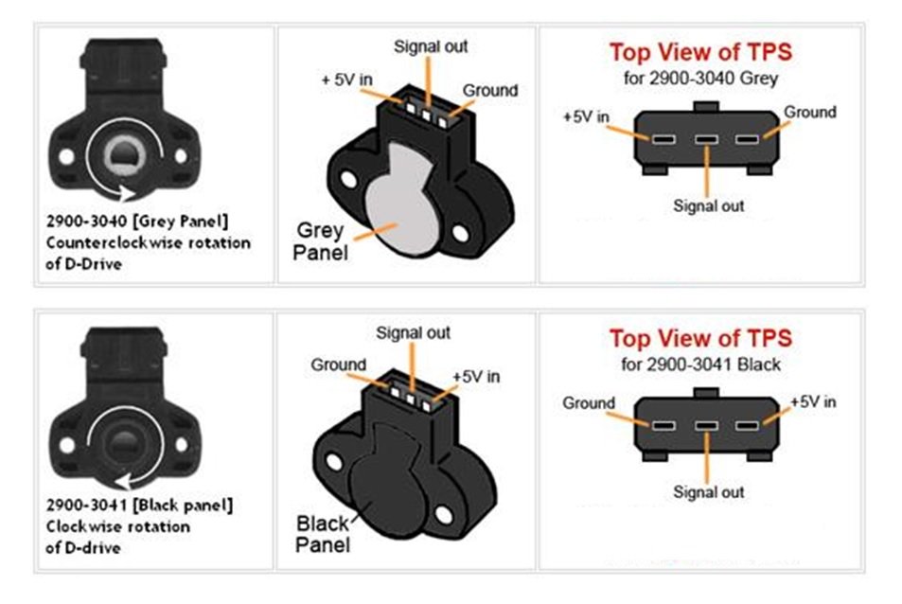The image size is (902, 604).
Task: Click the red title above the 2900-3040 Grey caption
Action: [x=700, y=52]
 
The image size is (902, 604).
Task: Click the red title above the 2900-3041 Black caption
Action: [x=700, y=338]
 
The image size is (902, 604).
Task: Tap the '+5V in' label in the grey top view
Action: [x=586, y=116]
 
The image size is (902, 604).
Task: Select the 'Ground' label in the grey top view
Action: [x=810, y=112]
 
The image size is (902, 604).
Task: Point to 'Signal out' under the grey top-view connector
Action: [x=709, y=206]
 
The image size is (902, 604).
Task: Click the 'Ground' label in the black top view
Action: [x=589, y=402]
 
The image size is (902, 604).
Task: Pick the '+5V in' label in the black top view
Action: [x=813, y=401]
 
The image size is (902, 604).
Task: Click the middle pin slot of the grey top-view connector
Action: [x=706, y=139]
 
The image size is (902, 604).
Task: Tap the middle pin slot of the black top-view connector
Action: [x=706, y=426]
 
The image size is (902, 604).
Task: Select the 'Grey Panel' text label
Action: [x=321, y=241]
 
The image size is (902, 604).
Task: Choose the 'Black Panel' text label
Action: [x=323, y=534]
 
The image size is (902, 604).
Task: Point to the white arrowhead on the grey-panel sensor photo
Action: [x=128, y=193]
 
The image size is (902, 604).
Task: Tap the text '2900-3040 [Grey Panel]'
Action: [x=137, y=222]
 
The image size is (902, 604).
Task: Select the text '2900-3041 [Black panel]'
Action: [x=139, y=506]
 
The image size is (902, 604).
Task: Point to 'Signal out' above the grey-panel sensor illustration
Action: [x=431, y=46]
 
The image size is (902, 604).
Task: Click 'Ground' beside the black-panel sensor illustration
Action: [x=338, y=364]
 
